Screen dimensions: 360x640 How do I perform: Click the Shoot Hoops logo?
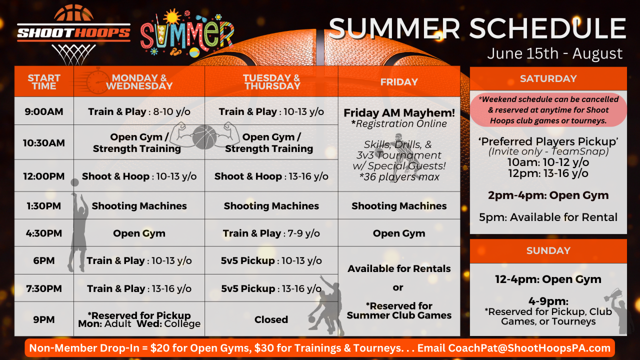(x=74, y=34)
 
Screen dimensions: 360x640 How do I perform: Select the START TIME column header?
(x=44, y=81)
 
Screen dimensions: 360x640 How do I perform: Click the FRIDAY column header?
(x=399, y=81)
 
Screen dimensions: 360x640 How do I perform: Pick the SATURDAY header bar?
(x=548, y=78)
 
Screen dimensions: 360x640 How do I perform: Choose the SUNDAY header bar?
(x=548, y=250)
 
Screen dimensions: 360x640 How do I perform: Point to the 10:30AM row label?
(x=44, y=142)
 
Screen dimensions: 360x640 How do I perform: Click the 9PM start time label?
(x=44, y=319)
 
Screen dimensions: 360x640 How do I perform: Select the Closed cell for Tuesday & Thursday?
(x=271, y=319)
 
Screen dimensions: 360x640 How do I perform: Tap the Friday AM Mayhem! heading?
(x=399, y=113)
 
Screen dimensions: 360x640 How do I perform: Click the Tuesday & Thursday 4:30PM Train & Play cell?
(x=271, y=233)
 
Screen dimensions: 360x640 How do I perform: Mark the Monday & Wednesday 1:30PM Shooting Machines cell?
(x=139, y=205)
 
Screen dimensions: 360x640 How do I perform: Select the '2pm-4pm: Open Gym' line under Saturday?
(x=548, y=195)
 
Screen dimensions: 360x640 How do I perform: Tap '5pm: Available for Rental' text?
(x=548, y=217)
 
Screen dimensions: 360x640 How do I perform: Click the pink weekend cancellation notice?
(x=548, y=110)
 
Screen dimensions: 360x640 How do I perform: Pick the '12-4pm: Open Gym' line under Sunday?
(x=548, y=279)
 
